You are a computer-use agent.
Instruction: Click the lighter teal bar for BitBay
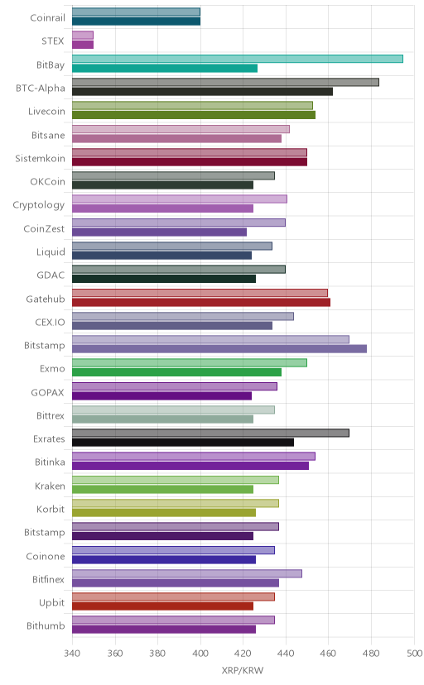click(238, 59)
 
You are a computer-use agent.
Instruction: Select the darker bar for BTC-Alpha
click(202, 91)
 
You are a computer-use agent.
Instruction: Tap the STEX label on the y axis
click(53, 41)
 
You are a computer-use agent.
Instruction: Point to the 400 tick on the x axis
click(200, 653)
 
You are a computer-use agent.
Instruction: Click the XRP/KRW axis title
click(243, 671)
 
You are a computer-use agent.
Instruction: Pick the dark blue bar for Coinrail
click(136, 21)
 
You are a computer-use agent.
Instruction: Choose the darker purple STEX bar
click(83, 45)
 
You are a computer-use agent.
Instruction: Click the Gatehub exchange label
click(46, 299)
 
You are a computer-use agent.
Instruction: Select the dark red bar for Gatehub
click(201, 302)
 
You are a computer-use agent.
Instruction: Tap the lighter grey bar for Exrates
click(210, 433)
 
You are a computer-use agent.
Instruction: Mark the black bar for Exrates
click(183, 443)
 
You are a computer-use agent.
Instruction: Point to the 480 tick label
click(371, 653)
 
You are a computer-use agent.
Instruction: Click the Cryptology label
click(39, 205)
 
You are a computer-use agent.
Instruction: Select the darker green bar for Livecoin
click(194, 115)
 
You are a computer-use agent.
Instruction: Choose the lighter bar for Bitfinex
click(187, 573)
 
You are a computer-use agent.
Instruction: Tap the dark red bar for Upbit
click(162, 606)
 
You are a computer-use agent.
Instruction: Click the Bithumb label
click(46, 626)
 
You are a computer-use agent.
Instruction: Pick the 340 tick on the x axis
click(72, 653)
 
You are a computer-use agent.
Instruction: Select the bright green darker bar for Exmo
click(176, 372)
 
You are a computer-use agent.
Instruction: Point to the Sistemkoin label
click(41, 158)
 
